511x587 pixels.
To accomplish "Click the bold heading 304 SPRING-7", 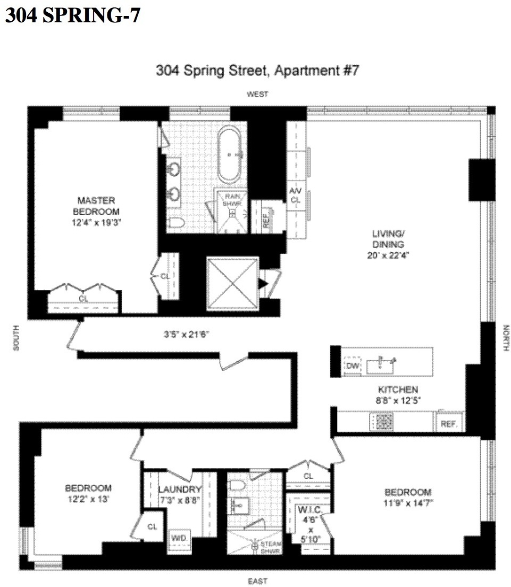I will (x=73, y=15).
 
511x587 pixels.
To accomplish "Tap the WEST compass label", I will (x=257, y=95).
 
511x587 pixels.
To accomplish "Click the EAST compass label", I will (x=257, y=580).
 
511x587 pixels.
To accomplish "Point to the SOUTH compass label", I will (x=16, y=338).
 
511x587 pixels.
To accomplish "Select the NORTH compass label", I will (x=506, y=338).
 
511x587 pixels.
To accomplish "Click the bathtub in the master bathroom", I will (x=230, y=155).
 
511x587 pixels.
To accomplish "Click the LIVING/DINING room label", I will (x=389, y=244).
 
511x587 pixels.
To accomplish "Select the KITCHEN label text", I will (x=398, y=389).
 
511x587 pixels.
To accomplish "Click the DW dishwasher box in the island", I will (x=351, y=366).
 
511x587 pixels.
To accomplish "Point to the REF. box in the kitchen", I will (x=450, y=424).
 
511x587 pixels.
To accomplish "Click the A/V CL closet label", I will (x=295, y=195).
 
